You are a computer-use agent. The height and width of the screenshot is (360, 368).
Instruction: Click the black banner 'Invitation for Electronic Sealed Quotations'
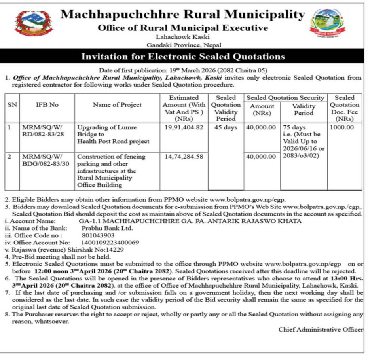[x=183, y=57]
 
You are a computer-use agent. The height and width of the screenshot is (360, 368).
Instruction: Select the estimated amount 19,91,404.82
[x=184, y=127]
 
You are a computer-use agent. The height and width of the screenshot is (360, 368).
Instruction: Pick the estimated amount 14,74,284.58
[x=184, y=157]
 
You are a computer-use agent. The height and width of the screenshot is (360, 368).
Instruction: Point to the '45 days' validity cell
[x=226, y=127]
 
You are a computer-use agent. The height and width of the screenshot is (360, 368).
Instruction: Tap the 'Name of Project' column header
[x=117, y=105]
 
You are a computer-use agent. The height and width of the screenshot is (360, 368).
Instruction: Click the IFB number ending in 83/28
[x=42, y=131]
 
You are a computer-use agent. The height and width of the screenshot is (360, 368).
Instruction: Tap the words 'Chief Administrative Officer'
[x=320, y=329]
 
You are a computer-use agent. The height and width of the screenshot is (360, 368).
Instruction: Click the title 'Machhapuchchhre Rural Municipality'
[x=182, y=15]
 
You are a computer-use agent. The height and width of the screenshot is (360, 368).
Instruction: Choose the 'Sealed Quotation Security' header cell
[x=285, y=98]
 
